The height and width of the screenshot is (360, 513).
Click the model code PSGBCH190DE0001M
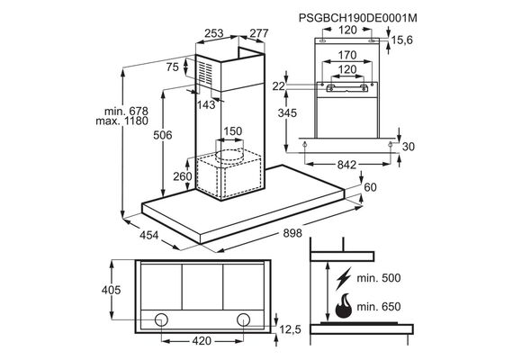pyautogui.click(x=358, y=18)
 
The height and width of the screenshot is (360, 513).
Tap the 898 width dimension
pyautogui.click(x=292, y=233)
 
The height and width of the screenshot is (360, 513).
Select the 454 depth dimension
pyautogui.click(x=149, y=235)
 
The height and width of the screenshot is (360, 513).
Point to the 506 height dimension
pyautogui.click(x=163, y=135)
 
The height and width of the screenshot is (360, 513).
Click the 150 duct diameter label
pyautogui.click(x=232, y=131)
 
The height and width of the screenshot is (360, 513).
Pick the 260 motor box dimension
pyautogui.click(x=183, y=176)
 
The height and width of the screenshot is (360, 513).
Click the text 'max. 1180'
pyautogui.click(x=122, y=121)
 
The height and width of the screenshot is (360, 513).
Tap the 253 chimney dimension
pyautogui.click(x=214, y=33)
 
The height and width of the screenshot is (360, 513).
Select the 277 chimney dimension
pyautogui.click(x=259, y=33)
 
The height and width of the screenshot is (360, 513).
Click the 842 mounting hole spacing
pyautogui.click(x=346, y=165)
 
